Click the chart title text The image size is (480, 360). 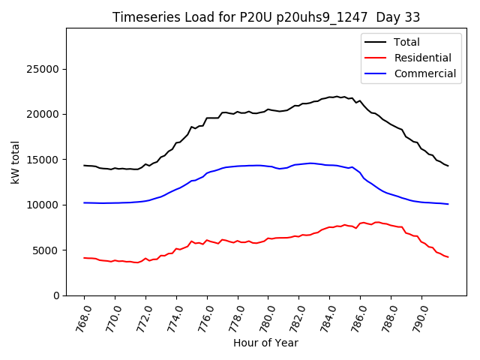266,17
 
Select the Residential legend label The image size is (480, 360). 422,58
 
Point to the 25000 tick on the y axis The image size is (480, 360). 46,69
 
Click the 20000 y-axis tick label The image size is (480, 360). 46,114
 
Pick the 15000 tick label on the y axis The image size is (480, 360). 46,160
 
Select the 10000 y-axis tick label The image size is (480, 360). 46,205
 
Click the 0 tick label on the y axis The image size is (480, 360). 58,295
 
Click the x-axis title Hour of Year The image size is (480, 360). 265,343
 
